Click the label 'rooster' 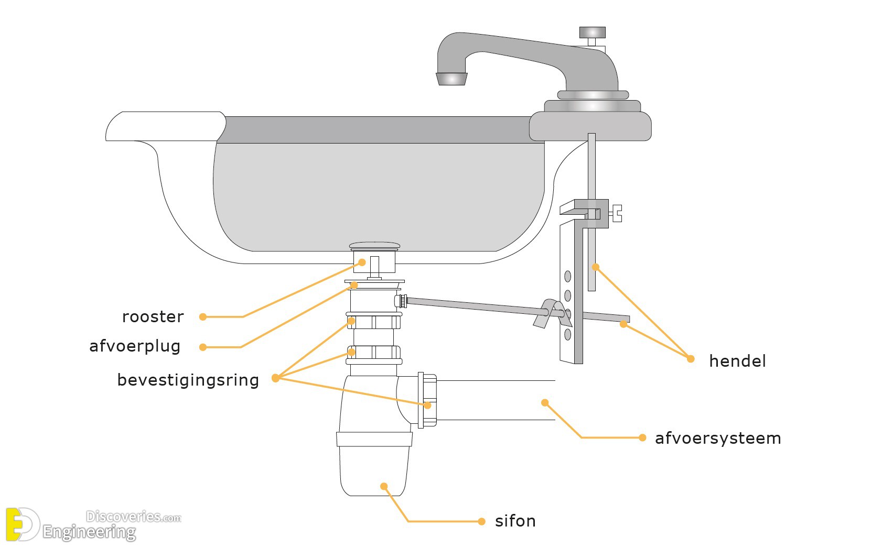153,316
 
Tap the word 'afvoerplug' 135,346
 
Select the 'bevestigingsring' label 188,380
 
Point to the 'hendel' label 737,361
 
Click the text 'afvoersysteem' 718,438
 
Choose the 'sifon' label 515,521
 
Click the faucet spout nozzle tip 450,79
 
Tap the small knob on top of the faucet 592,32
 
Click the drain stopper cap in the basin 374,245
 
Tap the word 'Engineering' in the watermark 89,532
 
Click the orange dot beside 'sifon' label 481,521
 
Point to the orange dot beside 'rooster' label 203,316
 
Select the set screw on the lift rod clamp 617,213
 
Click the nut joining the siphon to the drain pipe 427,400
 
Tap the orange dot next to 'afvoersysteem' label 642,437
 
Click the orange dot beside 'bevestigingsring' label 275,378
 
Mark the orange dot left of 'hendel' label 691,359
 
